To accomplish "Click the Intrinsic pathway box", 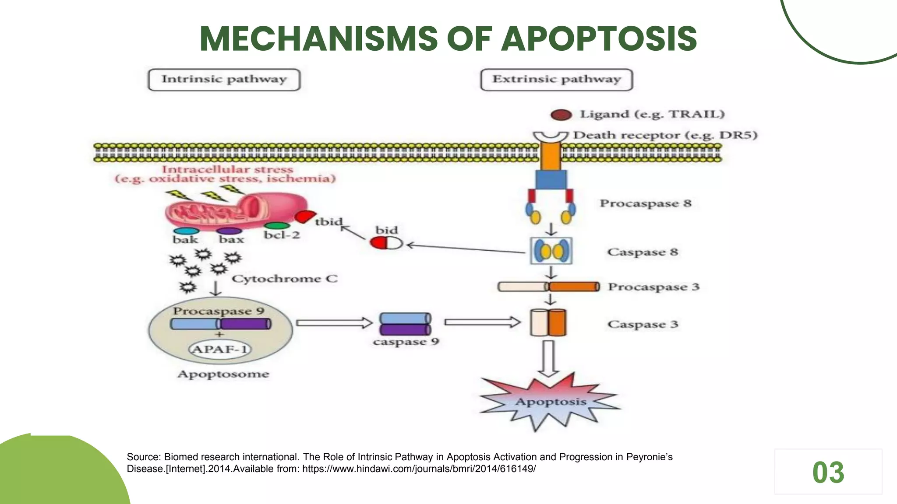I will [x=224, y=80].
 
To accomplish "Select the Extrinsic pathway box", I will [x=556, y=80].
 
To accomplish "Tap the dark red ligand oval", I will [x=561, y=115].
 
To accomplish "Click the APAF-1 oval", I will [x=220, y=349].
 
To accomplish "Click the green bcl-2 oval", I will [x=277, y=226].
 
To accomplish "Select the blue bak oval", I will [x=186, y=231].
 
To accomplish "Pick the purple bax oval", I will [x=230, y=231].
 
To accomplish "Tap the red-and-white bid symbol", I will [x=386, y=243].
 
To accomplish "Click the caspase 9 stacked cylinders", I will [x=405, y=324].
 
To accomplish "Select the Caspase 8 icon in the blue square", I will [x=551, y=251].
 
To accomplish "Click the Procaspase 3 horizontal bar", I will [x=549, y=287].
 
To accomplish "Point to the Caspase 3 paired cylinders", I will [x=548, y=323].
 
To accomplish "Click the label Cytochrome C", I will [x=284, y=279].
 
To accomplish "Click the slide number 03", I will [x=828, y=472].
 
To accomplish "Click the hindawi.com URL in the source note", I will [x=419, y=469].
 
